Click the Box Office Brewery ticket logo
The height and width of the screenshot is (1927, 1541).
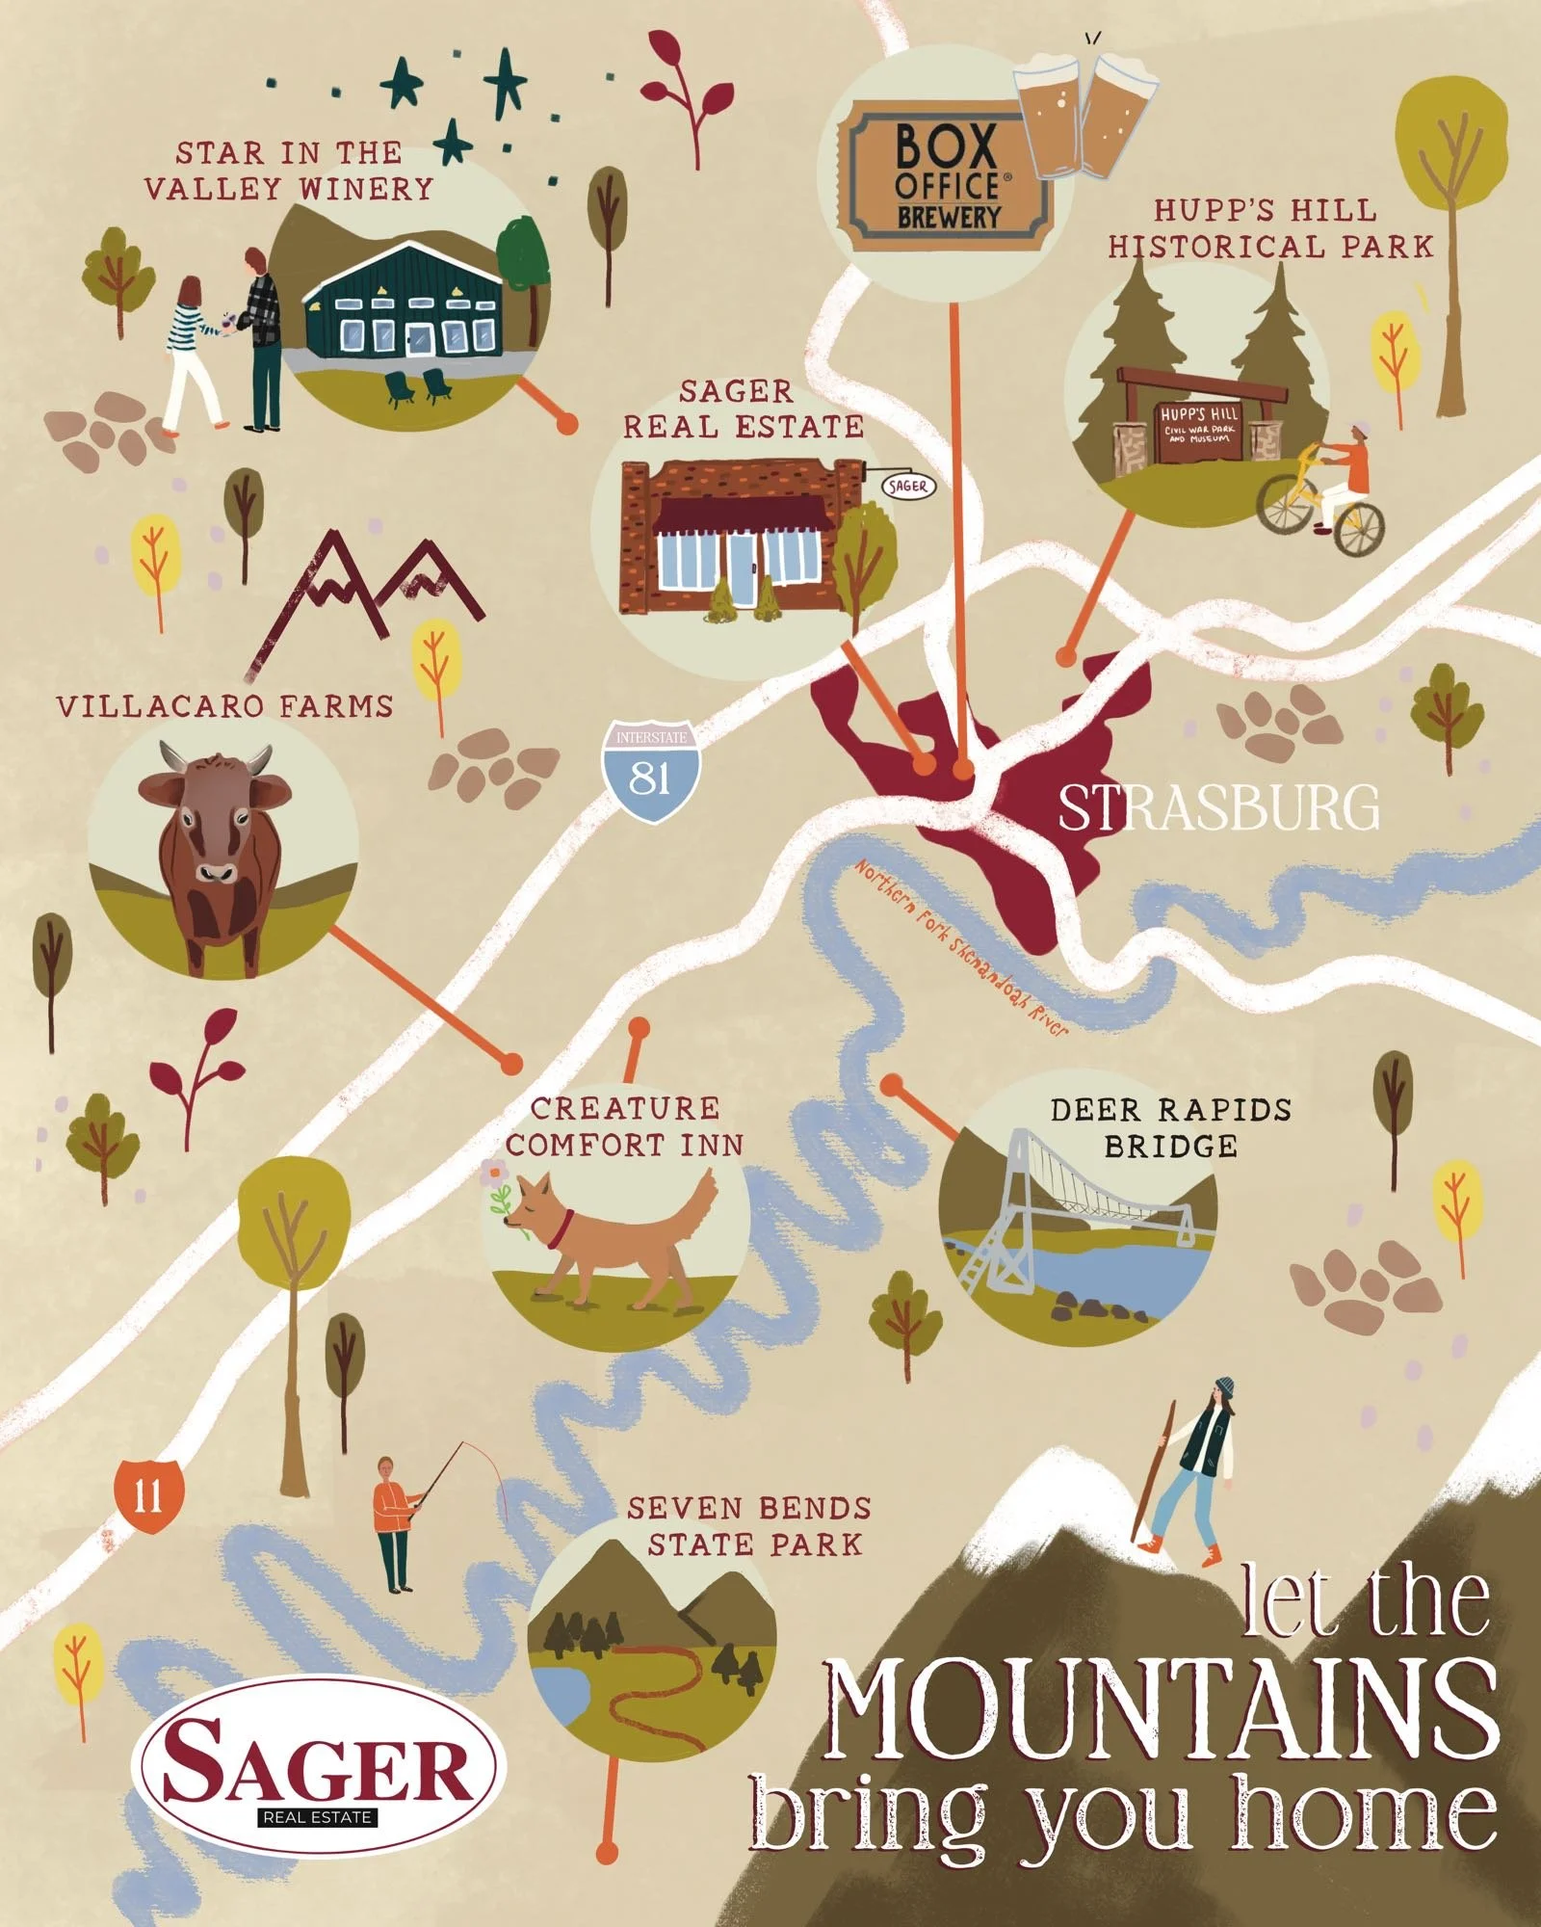[944, 177]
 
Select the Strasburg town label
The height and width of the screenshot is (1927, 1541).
[1218, 807]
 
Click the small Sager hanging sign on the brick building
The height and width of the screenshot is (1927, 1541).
[907, 486]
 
